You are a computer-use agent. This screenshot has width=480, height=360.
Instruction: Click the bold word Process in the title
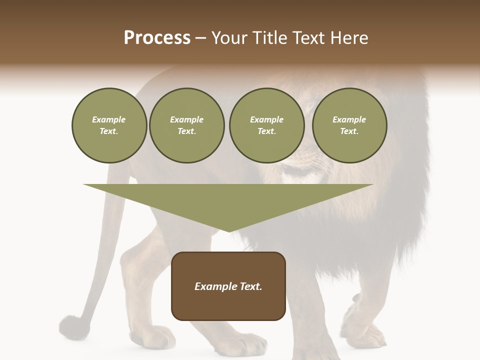click(157, 38)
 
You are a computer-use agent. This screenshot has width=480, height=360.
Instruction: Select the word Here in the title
click(348, 38)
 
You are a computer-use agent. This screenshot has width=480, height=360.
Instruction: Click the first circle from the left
click(109, 125)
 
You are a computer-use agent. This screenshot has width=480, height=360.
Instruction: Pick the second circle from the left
click(186, 125)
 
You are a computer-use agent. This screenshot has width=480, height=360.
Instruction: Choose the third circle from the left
click(266, 125)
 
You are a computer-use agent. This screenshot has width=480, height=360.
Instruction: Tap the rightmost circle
click(349, 125)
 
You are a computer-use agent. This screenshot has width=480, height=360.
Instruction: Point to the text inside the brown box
click(228, 286)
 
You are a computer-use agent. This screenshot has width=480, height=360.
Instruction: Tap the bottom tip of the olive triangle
click(229, 231)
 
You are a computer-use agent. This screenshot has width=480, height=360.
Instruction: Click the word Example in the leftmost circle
click(109, 119)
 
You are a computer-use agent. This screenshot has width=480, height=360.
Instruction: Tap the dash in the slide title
click(201, 38)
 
